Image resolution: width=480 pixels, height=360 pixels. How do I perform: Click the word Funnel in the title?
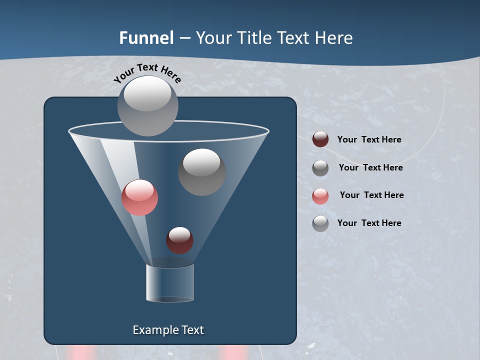pyautogui.click(x=146, y=38)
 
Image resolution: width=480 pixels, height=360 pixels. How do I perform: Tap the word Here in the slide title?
pyautogui.click(x=334, y=38)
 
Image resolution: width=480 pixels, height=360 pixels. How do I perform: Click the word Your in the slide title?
pyautogui.click(x=212, y=38)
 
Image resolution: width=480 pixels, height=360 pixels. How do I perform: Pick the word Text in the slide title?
pyautogui.click(x=295, y=38)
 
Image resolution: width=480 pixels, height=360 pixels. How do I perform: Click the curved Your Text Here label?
pyautogui.click(x=147, y=72)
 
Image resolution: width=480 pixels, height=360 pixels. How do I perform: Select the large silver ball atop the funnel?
pyautogui.click(x=147, y=106)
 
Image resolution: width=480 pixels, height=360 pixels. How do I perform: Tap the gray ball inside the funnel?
pyautogui.click(x=201, y=172)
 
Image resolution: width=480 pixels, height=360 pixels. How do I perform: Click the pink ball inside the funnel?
pyautogui.click(x=139, y=198)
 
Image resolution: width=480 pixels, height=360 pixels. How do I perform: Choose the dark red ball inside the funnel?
pyautogui.click(x=179, y=240)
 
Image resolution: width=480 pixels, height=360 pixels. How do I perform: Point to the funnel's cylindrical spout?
pyautogui.click(x=170, y=283)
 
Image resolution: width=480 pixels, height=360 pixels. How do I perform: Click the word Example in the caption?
pyautogui.click(x=155, y=330)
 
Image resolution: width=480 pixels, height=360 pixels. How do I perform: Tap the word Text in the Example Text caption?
pyautogui.click(x=192, y=330)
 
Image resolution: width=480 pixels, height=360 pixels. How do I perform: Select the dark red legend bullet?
pyautogui.click(x=320, y=139)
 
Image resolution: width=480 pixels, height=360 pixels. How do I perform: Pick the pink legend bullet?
pyautogui.click(x=320, y=196)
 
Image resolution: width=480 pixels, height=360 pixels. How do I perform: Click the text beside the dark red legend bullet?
pyautogui.click(x=369, y=139)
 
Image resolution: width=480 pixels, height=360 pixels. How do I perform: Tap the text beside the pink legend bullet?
pyautogui.click(x=371, y=195)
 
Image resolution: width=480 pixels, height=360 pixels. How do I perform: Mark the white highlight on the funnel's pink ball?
pyautogui.click(x=139, y=189)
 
